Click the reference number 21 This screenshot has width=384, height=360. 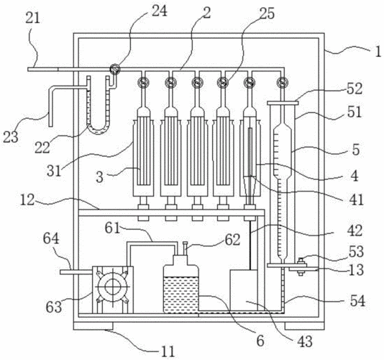[32, 19]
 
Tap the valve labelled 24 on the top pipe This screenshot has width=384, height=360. [114, 69]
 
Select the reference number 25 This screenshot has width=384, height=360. [267, 13]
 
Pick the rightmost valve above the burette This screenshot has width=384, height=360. [282, 82]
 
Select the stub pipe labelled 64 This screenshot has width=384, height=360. [76, 272]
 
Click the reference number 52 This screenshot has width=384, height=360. [354, 89]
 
